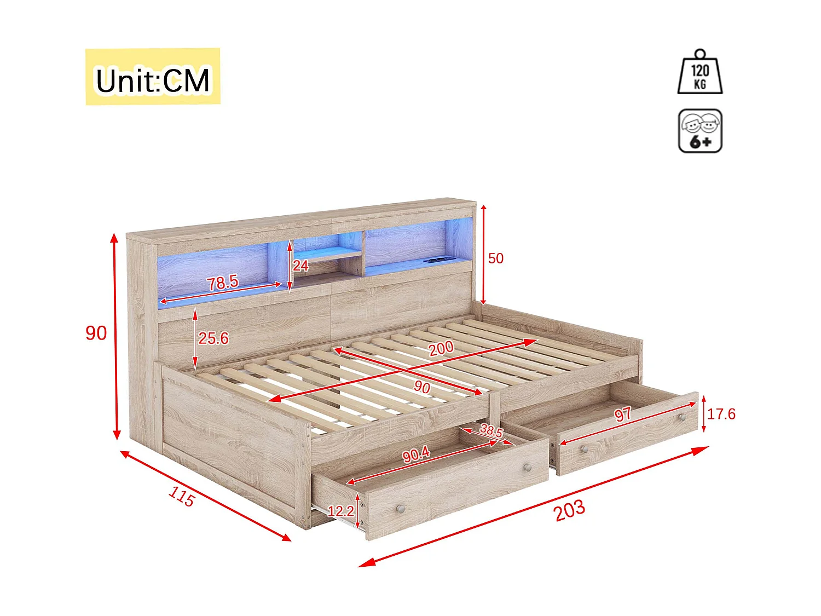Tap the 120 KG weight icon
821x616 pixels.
(700, 74)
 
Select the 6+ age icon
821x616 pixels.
(700, 131)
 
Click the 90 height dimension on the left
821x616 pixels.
(96, 333)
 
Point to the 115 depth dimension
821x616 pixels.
(181, 496)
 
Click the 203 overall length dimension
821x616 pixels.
(569, 510)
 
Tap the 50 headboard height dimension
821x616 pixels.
(496, 258)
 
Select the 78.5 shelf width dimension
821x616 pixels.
(222, 283)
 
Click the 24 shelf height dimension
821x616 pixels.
(300, 266)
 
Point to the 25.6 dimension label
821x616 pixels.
(213, 338)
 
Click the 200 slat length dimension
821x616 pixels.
(441, 348)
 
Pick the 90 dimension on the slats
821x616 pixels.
(421, 387)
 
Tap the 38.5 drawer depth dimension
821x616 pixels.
(491, 430)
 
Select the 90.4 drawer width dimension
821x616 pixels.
(416, 454)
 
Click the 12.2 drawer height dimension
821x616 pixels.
(340, 511)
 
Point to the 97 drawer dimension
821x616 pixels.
(623, 414)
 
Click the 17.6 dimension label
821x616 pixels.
(721, 414)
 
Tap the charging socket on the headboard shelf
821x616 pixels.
(438, 260)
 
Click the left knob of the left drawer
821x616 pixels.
(401, 509)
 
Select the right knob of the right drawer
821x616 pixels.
(682, 418)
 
